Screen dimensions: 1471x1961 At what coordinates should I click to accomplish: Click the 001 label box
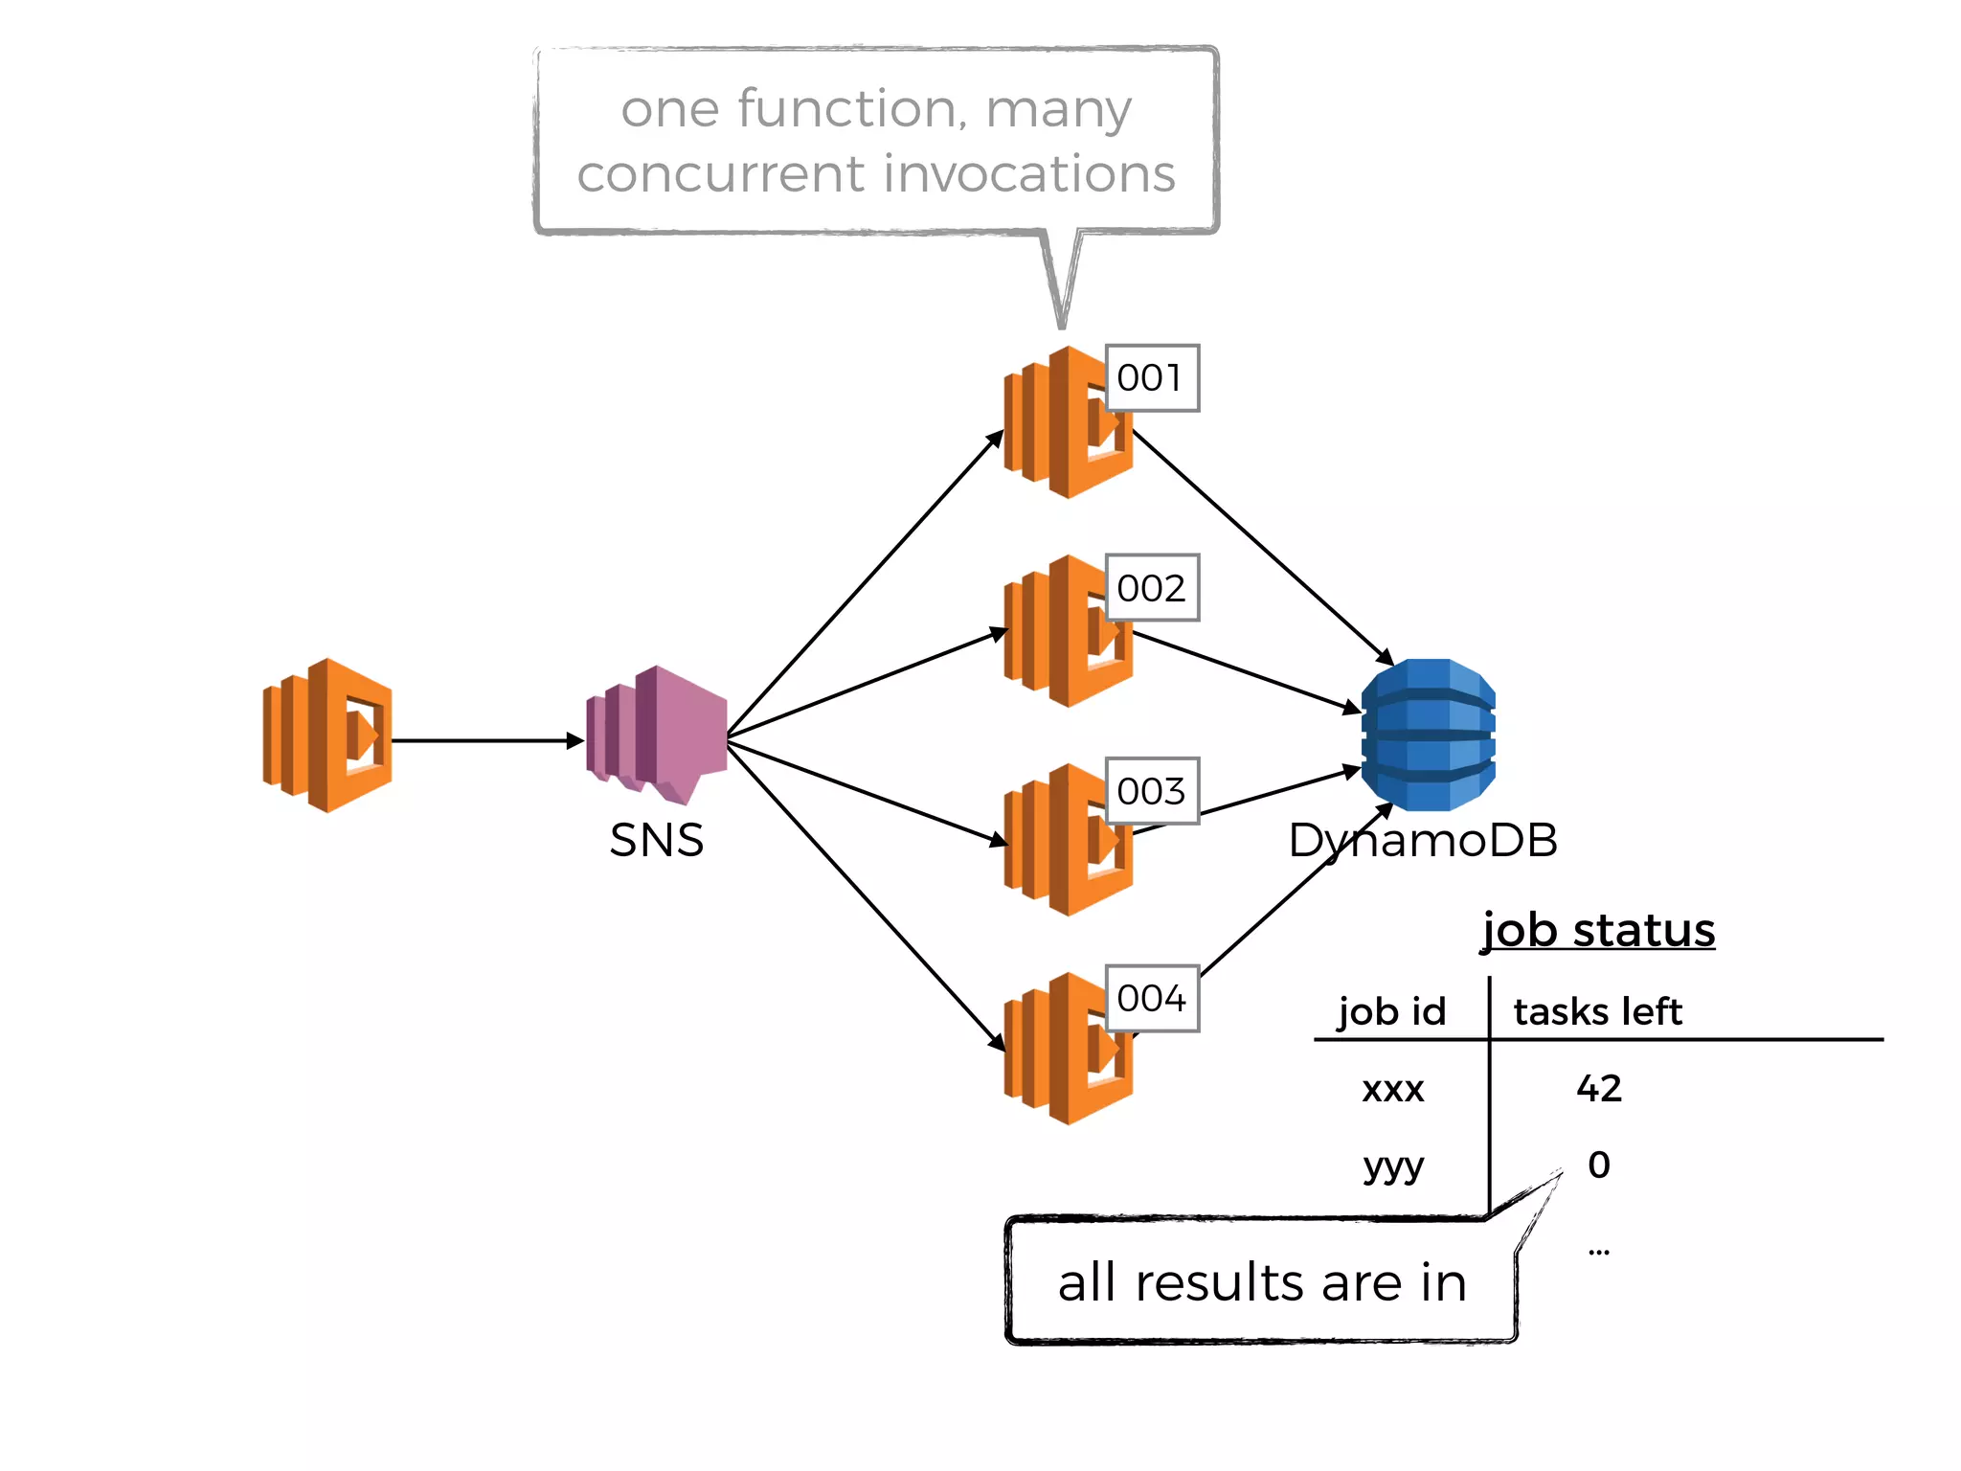click(x=1151, y=378)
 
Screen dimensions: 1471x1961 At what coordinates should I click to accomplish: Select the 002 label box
click(x=1151, y=588)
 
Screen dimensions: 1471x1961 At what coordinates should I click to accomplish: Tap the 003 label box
click(x=1151, y=791)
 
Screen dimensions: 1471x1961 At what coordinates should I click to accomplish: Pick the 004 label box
click(x=1151, y=999)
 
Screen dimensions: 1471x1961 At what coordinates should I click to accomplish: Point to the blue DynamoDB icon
click(x=1428, y=735)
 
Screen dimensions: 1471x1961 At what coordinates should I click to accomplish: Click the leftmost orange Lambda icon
click(x=327, y=735)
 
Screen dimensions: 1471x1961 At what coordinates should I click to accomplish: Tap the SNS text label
click(x=657, y=841)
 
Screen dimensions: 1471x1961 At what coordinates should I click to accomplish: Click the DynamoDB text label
click(x=1423, y=841)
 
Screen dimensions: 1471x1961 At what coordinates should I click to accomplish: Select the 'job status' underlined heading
click(x=1598, y=931)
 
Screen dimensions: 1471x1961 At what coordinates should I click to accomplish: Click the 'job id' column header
click(x=1391, y=1011)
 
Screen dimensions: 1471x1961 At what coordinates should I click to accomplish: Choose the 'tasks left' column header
click(x=1597, y=1011)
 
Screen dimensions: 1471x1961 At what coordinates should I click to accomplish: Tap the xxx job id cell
click(x=1392, y=1090)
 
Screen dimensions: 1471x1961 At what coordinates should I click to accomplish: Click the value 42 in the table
click(x=1599, y=1089)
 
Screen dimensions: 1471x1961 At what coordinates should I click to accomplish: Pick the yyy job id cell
click(x=1393, y=1166)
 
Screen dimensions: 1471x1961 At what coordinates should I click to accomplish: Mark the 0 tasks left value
click(x=1599, y=1165)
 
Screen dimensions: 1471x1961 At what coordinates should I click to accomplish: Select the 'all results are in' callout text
click(x=1262, y=1282)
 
